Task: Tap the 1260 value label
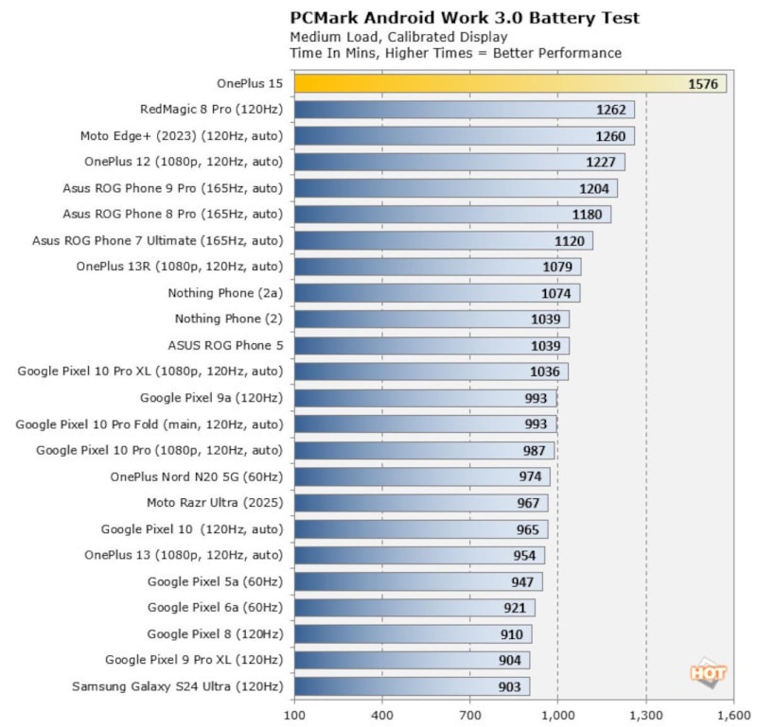point(610,136)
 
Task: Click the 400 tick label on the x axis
point(382,715)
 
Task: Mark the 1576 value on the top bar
point(703,84)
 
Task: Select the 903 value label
point(508,686)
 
